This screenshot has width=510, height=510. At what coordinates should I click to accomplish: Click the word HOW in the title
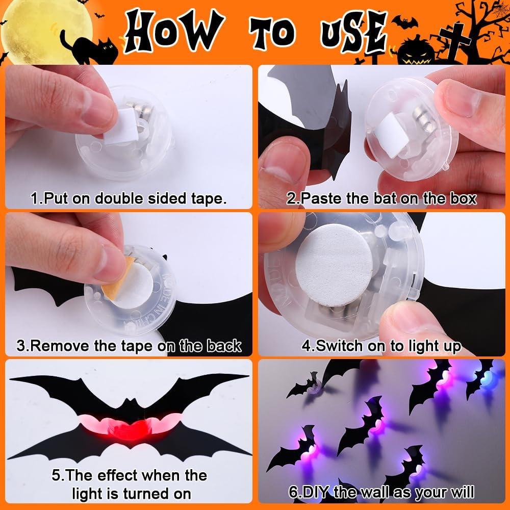174,31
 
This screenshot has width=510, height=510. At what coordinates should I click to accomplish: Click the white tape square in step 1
120,126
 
